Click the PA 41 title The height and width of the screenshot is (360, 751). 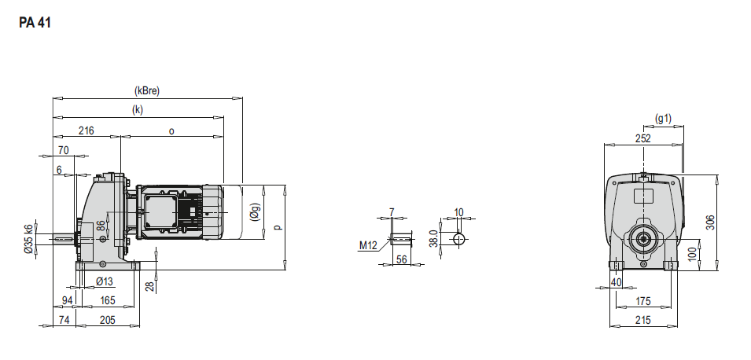point(35,23)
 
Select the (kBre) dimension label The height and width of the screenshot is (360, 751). point(147,90)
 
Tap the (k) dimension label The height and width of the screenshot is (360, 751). point(138,109)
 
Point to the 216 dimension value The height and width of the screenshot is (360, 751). point(87,130)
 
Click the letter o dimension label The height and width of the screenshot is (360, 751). point(171,130)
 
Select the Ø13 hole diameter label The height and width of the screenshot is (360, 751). point(105,281)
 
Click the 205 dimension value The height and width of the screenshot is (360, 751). point(107,320)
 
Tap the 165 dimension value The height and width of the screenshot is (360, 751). point(107,300)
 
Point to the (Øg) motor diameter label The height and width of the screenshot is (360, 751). point(255,211)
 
